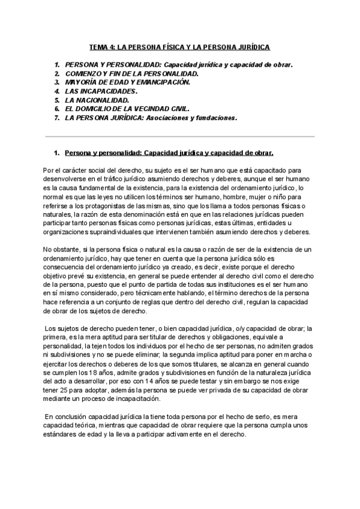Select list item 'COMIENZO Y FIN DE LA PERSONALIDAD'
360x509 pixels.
131,73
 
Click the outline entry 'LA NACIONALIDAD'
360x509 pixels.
97,100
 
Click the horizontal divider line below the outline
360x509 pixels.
180,136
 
